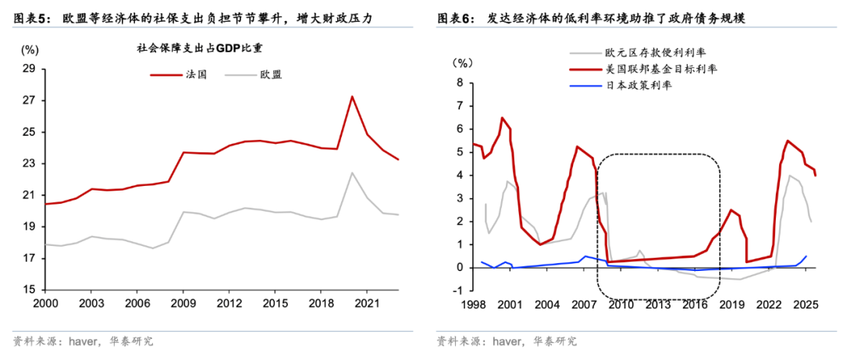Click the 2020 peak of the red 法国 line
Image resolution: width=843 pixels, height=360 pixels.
352,97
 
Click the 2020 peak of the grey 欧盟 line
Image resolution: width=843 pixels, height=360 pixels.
352,173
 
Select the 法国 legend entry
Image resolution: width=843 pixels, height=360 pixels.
177,75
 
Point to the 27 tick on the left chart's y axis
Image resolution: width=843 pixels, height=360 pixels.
29,101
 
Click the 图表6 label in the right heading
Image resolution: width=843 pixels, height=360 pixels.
455,17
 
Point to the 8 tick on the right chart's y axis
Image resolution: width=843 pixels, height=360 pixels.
459,82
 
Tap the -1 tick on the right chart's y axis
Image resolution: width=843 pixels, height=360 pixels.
457,290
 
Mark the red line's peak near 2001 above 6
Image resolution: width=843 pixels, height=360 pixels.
502,118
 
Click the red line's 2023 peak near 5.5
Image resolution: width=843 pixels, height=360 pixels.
788,141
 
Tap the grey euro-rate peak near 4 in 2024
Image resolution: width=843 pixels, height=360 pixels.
790,175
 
